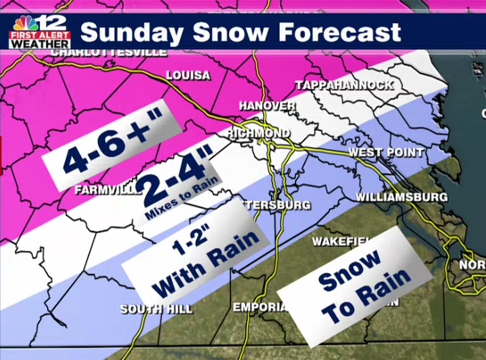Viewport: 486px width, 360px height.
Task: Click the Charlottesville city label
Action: [x=109, y=52]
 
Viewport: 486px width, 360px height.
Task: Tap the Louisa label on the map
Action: [x=188, y=75]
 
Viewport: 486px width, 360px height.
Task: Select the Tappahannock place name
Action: [x=345, y=85]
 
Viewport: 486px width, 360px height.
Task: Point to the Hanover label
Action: [x=267, y=106]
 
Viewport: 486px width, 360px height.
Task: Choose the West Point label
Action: [x=384, y=153]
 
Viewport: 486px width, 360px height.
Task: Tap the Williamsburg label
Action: [x=401, y=196]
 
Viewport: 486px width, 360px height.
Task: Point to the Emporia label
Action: [x=259, y=307]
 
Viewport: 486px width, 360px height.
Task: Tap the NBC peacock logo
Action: [x=24, y=23]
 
